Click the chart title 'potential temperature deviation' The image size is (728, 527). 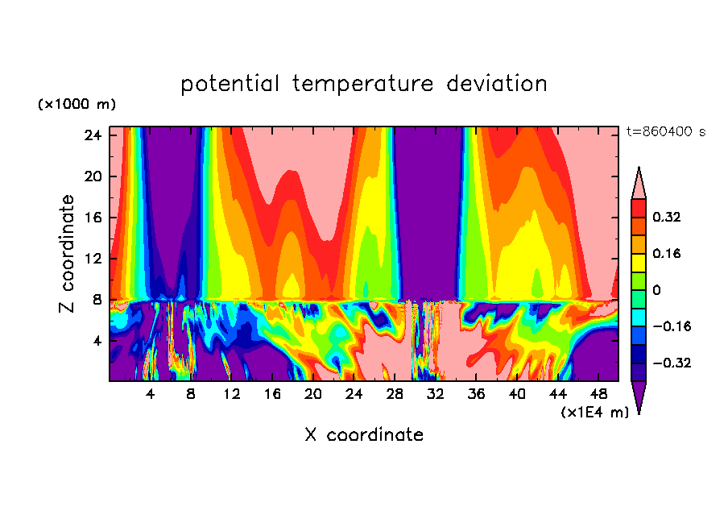click(x=363, y=84)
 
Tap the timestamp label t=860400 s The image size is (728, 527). click(x=665, y=131)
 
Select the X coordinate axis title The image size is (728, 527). click(x=363, y=435)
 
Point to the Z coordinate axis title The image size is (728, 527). click(x=68, y=254)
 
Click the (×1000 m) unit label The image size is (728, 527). click(x=77, y=105)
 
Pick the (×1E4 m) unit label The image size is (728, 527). click(x=594, y=412)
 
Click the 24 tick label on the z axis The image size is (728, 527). click(x=92, y=135)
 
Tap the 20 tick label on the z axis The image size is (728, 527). click(x=92, y=176)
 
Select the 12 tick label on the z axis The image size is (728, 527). click(x=92, y=259)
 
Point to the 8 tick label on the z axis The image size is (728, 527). click(x=96, y=300)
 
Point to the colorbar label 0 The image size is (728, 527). click(x=656, y=290)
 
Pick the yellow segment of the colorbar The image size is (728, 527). click(x=639, y=262)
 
